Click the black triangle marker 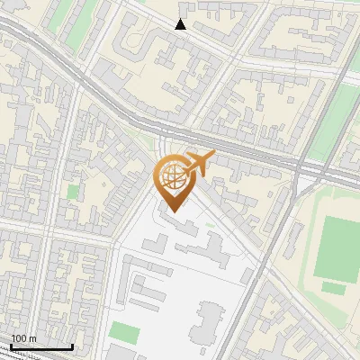point(181,24)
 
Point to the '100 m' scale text point(23,338)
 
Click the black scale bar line point(41,346)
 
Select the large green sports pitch point(337,247)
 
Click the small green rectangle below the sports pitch point(334,289)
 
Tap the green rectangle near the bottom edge point(127,334)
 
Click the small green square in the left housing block point(72,191)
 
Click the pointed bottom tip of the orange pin point(172,212)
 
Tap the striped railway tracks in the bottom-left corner point(27,355)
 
